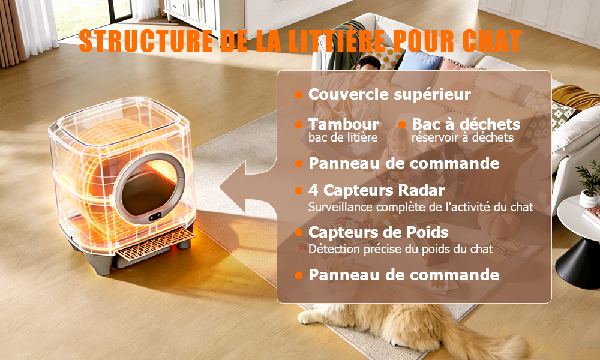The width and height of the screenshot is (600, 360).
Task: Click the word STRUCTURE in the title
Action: (146, 41)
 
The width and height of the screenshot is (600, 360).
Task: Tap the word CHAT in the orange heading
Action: (492, 41)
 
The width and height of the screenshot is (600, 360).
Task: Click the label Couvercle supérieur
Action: (389, 94)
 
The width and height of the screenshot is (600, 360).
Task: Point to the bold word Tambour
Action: (344, 124)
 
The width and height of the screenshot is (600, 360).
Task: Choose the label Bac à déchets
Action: (466, 124)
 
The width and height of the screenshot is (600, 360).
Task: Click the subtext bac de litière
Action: (343, 137)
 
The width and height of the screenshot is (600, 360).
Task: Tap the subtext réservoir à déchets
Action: (463, 137)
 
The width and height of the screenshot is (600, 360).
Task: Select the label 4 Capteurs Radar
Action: (377, 190)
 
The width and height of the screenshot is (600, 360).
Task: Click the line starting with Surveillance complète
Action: (421, 207)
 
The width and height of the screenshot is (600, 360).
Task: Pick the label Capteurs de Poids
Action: (379, 232)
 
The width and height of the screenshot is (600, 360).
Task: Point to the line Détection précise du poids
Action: (401, 249)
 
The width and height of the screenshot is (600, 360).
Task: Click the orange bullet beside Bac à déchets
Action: (402, 125)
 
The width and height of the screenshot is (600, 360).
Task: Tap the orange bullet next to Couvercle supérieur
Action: (299, 94)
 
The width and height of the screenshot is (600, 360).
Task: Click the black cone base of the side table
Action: (578, 263)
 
